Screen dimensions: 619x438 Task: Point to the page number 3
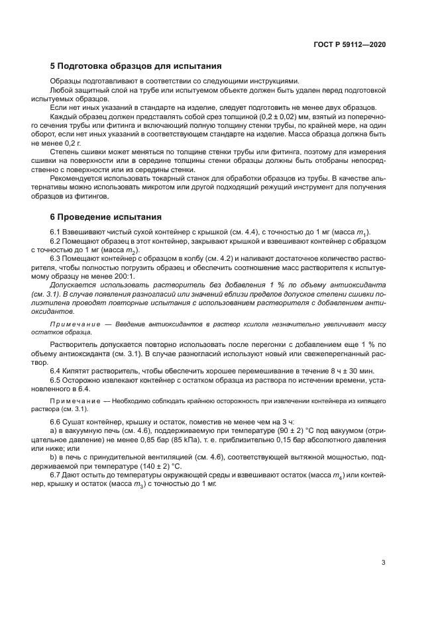pos(383,563)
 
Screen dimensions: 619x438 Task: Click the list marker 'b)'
pos(54,456)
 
